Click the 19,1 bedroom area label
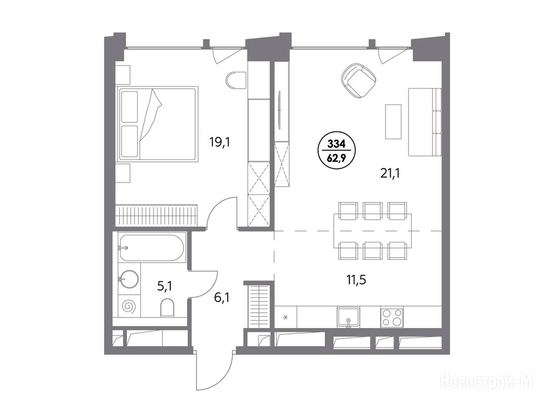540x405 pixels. click(x=219, y=141)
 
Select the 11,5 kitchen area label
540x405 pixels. click(x=356, y=279)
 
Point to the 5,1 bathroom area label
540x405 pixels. click(x=165, y=286)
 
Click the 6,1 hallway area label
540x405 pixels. click(x=221, y=297)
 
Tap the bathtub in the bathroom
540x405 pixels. click(x=151, y=248)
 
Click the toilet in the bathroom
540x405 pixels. click(x=167, y=307)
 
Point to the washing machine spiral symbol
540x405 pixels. click(x=130, y=306)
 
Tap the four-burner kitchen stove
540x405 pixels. click(x=392, y=317)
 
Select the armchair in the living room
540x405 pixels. click(x=359, y=81)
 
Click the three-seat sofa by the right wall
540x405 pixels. click(x=425, y=122)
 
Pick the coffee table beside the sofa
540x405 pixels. click(x=393, y=122)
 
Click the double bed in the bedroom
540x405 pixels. click(x=158, y=123)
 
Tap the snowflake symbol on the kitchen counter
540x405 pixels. click(x=285, y=317)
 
